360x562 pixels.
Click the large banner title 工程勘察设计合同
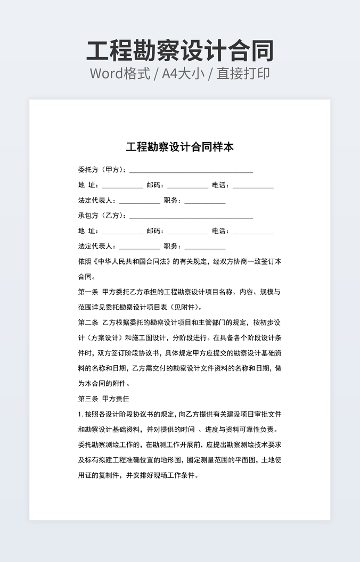pos(180,51)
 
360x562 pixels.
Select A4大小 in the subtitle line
pos(183,73)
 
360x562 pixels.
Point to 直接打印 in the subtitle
pos(243,73)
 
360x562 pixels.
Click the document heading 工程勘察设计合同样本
pos(180,147)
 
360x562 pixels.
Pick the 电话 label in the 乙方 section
pos(220,231)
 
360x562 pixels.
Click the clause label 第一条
pos(88,292)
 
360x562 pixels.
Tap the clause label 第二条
pos(88,323)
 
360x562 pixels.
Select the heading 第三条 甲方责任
pos(104,399)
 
